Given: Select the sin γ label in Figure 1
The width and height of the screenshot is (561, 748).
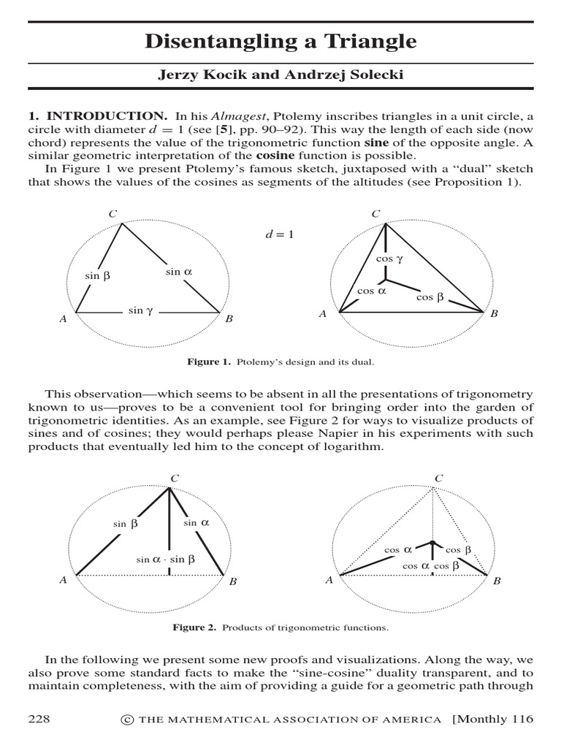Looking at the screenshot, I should point(140,310).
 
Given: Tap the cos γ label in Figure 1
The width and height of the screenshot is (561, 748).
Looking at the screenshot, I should point(389,259).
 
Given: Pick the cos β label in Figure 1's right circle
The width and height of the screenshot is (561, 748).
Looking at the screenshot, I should point(430,297).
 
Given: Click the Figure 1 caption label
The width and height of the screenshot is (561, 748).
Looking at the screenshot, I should point(209,362).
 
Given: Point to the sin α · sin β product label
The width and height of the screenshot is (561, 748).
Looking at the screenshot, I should point(166,560).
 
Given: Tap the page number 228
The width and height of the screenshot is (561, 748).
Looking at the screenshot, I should point(39,720).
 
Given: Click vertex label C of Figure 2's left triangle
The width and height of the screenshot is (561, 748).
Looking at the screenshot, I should point(174,478).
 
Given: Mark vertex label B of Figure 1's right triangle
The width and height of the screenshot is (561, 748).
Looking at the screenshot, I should point(494,314).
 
